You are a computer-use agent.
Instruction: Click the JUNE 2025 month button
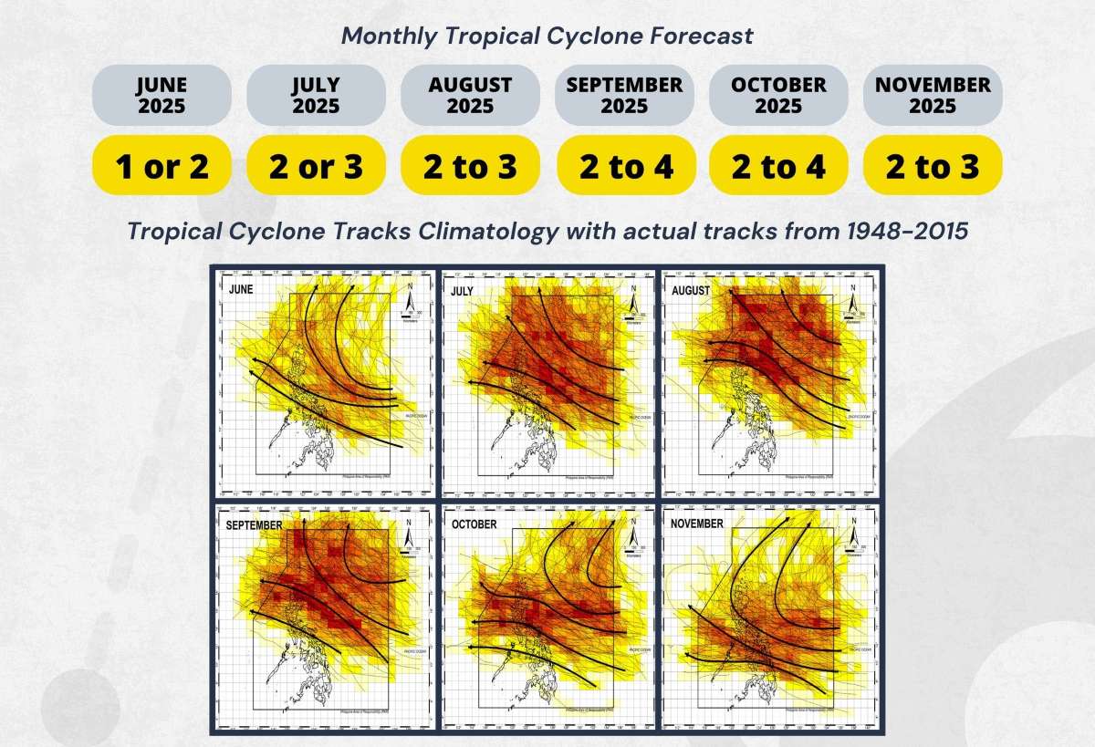click(x=162, y=95)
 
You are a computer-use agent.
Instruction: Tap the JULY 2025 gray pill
click(x=316, y=95)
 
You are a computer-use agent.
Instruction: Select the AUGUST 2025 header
click(x=470, y=95)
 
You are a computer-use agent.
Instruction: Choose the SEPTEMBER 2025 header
click(x=624, y=95)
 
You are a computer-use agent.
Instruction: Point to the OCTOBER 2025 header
click(x=778, y=95)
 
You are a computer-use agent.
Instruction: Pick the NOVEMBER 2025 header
click(x=933, y=95)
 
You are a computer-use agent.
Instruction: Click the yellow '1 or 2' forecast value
click(x=162, y=166)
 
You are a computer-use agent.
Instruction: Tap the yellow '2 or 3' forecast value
click(x=316, y=166)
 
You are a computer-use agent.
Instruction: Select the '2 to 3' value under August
click(x=470, y=166)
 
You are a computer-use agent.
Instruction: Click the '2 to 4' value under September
click(x=624, y=166)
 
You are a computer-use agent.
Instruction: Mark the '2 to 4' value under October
click(x=778, y=166)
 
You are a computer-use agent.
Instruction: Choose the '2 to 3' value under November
click(x=933, y=166)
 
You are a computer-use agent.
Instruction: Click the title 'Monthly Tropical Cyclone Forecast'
click(x=547, y=36)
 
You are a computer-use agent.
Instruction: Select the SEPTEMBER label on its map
click(x=255, y=526)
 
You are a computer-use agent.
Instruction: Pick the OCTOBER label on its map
click(x=474, y=524)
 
